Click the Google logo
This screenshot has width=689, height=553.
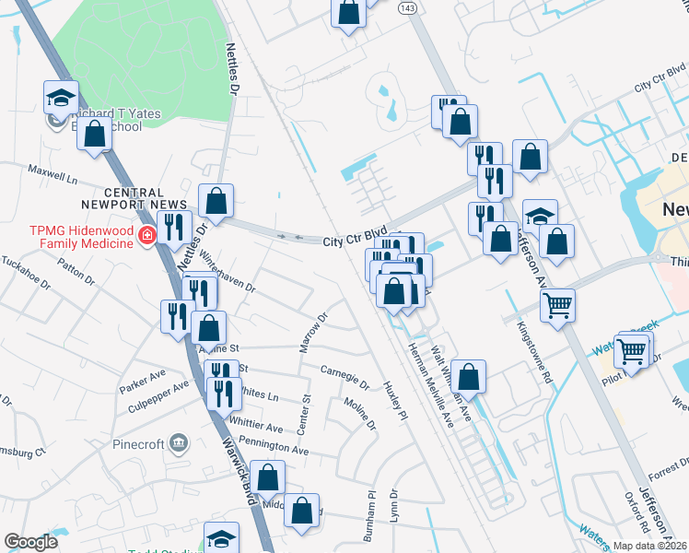[30, 542]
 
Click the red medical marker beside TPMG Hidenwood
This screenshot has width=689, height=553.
[146, 238]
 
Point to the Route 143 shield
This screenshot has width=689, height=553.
[407, 6]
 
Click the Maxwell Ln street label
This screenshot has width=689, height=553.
[53, 171]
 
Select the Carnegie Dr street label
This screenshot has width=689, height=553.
[344, 378]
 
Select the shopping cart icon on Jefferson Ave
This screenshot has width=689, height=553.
[558, 304]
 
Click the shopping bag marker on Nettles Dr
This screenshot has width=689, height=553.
[216, 200]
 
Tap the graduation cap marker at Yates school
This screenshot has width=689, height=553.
[61, 97]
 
